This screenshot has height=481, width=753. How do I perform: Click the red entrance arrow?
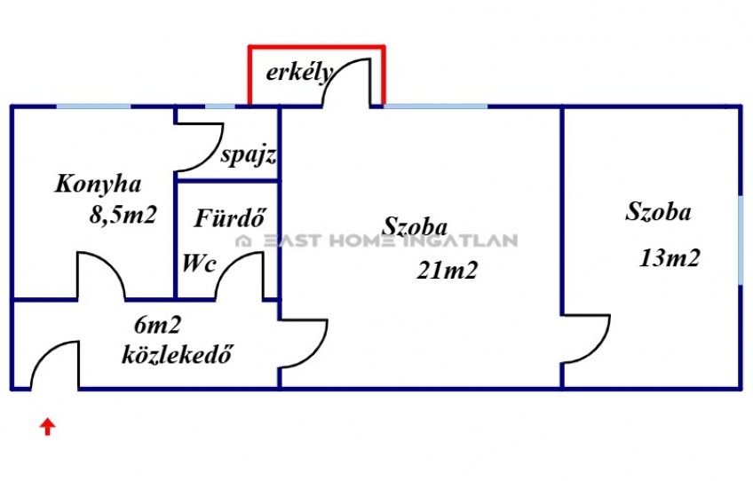pyautogui.click(x=47, y=427)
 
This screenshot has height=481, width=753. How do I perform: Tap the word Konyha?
pyautogui.click(x=98, y=185)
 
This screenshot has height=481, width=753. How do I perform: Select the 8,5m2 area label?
pyautogui.click(x=123, y=215)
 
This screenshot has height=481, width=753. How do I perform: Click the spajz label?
pyautogui.click(x=249, y=155)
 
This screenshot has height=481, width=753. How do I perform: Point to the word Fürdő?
pyautogui.click(x=230, y=218)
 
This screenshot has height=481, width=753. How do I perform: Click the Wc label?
pyautogui.click(x=199, y=263)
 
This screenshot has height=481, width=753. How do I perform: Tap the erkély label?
pyautogui.click(x=299, y=73)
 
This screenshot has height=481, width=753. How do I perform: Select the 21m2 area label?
pyautogui.click(x=448, y=271)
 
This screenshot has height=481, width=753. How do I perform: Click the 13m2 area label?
pyautogui.click(x=670, y=258)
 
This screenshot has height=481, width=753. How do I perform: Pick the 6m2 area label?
pyautogui.click(x=157, y=326)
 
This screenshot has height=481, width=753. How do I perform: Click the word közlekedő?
pyautogui.click(x=178, y=354)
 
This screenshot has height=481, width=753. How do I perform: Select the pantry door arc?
pyautogui.click(x=211, y=156)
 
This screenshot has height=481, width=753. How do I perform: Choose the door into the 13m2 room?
pyautogui.click(x=598, y=349)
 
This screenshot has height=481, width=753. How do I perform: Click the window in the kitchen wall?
pyautogui.click(x=93, y=106)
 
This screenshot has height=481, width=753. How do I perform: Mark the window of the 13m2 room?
pyautogui.click(x=741, y=240)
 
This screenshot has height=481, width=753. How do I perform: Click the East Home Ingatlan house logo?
pyautogui.click(x=244, y=240)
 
